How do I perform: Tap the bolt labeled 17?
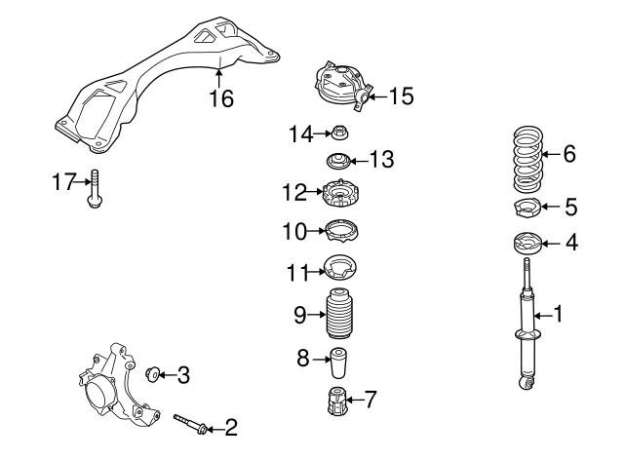coord(94,191)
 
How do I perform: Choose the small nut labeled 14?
coord(341,134)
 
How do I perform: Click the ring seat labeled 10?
coord(340,231)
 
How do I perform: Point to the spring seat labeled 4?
coord(526,244)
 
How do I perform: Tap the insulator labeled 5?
coord(526,207)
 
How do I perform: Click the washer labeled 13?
coord(337,160)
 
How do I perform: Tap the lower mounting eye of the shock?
coord(529,383)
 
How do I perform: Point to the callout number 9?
coord(302,314)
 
